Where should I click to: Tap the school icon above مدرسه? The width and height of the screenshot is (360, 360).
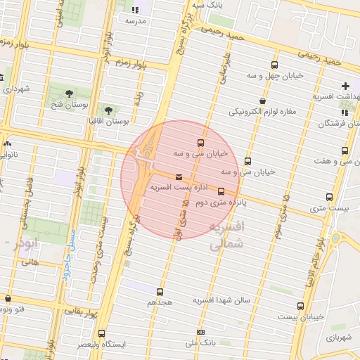(x=135, y=10)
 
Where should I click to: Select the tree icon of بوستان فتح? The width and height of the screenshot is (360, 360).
(x=69, y=94)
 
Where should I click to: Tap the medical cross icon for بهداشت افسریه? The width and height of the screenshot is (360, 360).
(x=345, y=85)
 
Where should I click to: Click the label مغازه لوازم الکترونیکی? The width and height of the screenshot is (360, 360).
(x=262, y=111)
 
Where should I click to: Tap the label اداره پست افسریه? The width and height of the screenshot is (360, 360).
(x=169, y=188)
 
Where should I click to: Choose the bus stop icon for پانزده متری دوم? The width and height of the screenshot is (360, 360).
(x=221, y=191)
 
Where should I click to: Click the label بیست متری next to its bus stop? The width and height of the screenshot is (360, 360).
(x=328, y=208)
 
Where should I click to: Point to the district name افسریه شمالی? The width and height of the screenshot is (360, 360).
(x=226, y=236)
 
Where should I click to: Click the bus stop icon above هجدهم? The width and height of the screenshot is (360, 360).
(x=160, y=292)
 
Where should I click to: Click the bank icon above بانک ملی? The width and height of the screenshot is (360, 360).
(x=200, y=332)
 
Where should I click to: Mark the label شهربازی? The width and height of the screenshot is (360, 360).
(x=340, y=337)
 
